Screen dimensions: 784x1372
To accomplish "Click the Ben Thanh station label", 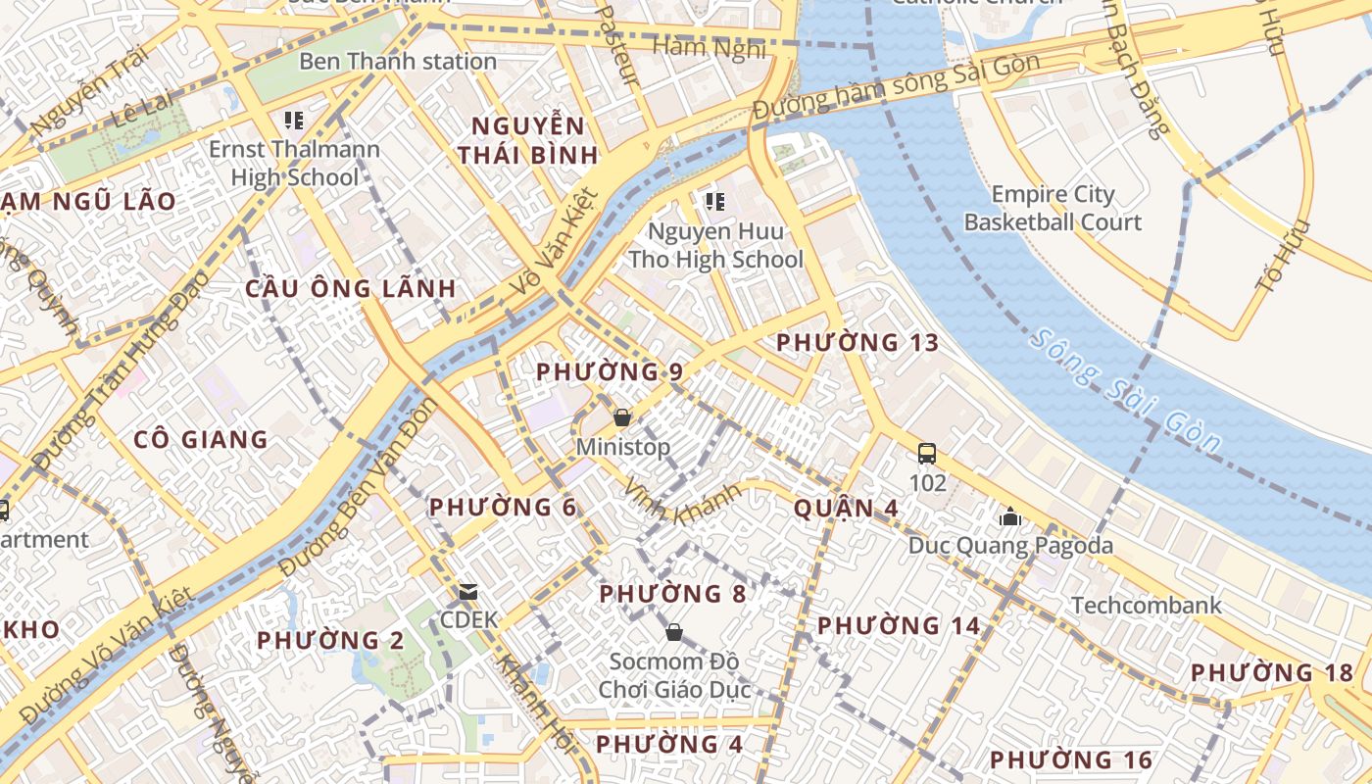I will [x=397, y=61].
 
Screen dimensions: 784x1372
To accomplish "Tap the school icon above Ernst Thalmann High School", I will [x=293, y=121].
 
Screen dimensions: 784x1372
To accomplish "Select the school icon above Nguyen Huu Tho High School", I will [x=714, y=202].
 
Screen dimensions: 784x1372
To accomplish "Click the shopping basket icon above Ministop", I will [x=621, y=418].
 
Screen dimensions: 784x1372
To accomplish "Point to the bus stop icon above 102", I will [x=926, y=453].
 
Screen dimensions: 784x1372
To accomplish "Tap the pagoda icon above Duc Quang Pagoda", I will [x=1009, y=516].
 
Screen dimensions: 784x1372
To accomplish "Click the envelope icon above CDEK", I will [x=468, y=591].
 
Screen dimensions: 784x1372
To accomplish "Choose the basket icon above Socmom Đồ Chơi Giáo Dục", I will [x=673, y=632].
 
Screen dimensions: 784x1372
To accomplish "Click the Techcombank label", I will [x=1146, y=605].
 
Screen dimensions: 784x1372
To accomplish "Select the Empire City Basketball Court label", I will [x=1053, y=208].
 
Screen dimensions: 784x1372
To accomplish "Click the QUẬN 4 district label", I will [x=846, y=509].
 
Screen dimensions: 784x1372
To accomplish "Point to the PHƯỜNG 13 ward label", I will [x=857, y=343].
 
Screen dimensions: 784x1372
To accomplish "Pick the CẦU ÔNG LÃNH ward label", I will [x=350, y=289].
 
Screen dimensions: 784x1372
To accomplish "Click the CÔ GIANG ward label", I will [x=201, y=439].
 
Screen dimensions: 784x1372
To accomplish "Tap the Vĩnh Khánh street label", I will [x=682, y=503].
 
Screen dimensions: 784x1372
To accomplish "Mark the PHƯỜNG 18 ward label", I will [x=1271, y=673].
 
